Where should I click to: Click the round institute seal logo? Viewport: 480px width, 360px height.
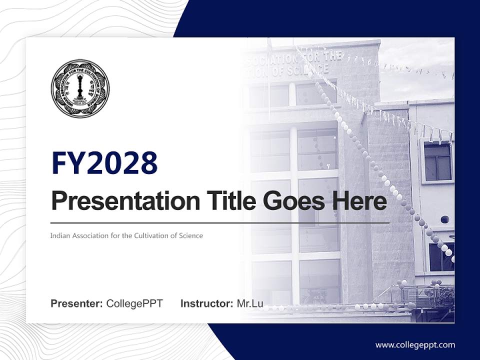tap(80, 88)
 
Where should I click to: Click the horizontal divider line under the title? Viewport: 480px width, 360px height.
tap(220, 222)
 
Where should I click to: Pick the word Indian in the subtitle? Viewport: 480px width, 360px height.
tap(59, 235)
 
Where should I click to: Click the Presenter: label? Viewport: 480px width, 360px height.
tap(77, 303)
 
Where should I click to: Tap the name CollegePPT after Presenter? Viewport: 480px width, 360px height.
tap(134, 303)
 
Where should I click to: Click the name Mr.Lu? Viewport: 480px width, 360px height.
tap(250, 303)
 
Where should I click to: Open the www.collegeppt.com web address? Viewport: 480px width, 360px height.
tap(415, 344)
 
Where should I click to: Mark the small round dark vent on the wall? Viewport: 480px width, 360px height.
tap(444, 219)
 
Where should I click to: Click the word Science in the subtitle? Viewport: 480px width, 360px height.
tap(191, 235)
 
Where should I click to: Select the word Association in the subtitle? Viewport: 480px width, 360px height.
tap(90, 235)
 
